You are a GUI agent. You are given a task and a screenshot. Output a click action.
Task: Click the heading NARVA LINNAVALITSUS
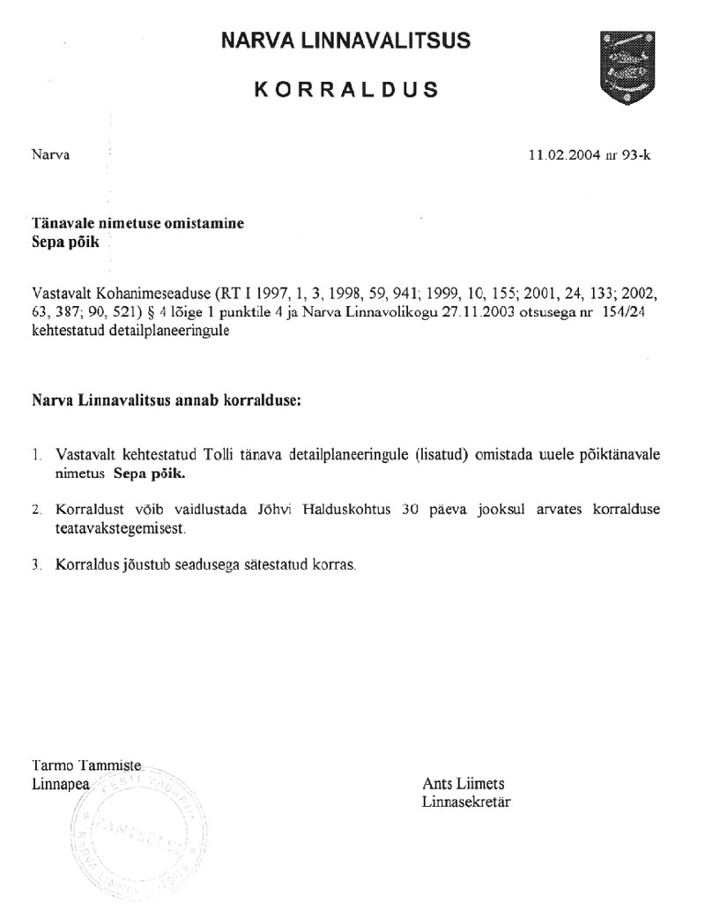tap(345, 40)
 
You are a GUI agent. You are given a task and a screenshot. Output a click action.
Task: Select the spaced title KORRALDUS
tap(345, 90)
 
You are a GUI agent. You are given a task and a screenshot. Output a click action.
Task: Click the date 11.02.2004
tap(560, 155)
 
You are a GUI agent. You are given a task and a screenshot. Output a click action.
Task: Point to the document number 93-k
tap(634, 155)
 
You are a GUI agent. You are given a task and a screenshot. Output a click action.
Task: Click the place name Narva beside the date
tap(50, 155)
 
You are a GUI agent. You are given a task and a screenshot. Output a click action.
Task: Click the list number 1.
tap(35, 456)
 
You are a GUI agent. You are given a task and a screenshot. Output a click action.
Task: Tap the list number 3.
tap(35, 564)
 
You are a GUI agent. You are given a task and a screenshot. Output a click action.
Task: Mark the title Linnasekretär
tap(466, 802)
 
